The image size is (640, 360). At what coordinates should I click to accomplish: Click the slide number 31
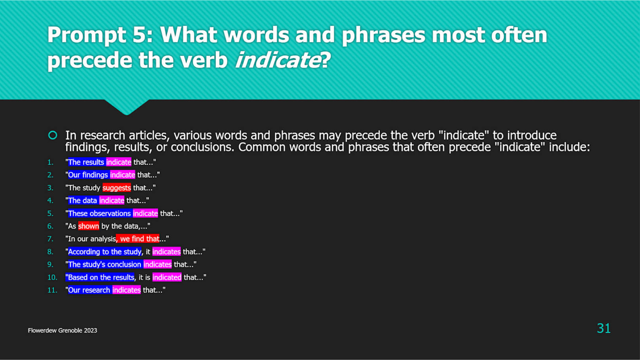604,328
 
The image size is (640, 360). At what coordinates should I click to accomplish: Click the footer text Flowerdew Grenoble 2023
63,331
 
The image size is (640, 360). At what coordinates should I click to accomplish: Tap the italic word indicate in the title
278,60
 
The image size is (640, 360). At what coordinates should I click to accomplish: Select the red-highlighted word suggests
116,188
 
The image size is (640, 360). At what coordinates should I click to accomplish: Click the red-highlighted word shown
89,226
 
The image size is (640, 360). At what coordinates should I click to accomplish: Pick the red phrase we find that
138,238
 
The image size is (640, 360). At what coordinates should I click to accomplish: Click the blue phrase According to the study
105,252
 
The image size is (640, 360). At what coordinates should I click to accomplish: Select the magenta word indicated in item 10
167,277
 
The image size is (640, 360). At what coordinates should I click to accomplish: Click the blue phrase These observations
99,213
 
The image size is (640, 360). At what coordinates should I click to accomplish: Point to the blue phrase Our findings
88,175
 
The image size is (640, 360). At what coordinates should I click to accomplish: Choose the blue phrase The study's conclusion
105,264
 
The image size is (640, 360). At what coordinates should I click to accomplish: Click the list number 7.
50,239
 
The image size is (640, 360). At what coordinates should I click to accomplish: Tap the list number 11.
52,290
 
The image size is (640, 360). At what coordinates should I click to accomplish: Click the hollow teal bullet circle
53,135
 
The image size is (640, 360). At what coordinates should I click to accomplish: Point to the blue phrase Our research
89,290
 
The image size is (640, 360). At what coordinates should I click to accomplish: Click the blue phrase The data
82,200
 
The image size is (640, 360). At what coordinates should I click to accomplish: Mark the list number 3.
50,188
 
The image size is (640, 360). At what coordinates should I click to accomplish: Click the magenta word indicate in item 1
118,162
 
